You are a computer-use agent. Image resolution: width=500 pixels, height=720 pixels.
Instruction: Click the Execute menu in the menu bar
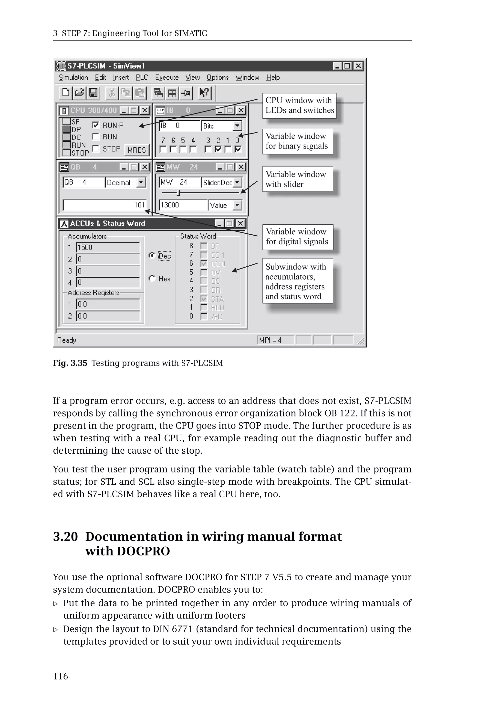tap(167, 77)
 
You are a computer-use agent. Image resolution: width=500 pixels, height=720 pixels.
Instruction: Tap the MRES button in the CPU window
tap(136, 150)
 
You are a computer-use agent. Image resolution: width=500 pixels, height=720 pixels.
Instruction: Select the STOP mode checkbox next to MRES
tap(96, 148)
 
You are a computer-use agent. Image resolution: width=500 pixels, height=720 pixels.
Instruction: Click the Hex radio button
tap(152, 278)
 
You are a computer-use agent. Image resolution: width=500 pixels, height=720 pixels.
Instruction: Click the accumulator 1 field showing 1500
tap(107, 248)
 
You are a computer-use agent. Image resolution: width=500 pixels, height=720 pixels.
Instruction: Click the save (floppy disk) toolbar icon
tap(93, 93)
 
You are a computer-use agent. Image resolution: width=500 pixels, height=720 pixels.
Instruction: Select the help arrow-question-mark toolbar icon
tap(204, 93)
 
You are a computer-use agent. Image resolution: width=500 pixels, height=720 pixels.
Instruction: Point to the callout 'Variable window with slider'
tap(297, 179)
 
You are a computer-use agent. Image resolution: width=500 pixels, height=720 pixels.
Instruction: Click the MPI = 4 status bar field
tap(275, 340)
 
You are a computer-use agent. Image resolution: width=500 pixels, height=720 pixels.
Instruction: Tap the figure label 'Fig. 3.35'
tap(70, 363)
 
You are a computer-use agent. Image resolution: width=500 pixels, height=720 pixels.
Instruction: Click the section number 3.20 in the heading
tap(65, 537)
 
